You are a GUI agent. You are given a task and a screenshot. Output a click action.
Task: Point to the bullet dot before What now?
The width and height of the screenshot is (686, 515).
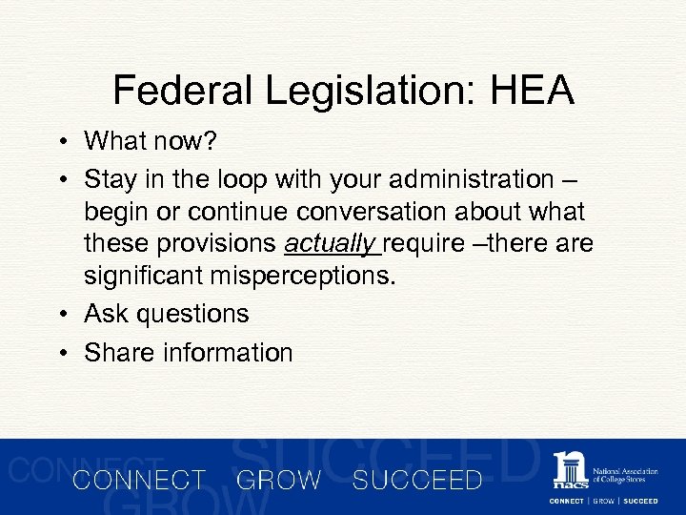pos(60,142)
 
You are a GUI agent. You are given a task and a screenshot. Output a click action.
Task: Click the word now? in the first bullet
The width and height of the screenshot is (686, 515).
pos(187,142)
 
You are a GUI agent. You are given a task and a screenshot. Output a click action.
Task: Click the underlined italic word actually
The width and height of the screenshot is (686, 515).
pos(329,245)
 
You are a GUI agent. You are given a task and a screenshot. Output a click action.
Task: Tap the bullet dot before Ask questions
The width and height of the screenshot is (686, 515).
pos(60,314)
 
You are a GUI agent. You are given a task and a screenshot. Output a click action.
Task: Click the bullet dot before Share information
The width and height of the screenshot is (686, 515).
pos(60,353)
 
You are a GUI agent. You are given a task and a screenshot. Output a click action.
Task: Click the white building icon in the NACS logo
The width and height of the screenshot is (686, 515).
pos(571,471)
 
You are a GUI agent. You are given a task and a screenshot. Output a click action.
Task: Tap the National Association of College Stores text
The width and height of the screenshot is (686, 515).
pos(625,475)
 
